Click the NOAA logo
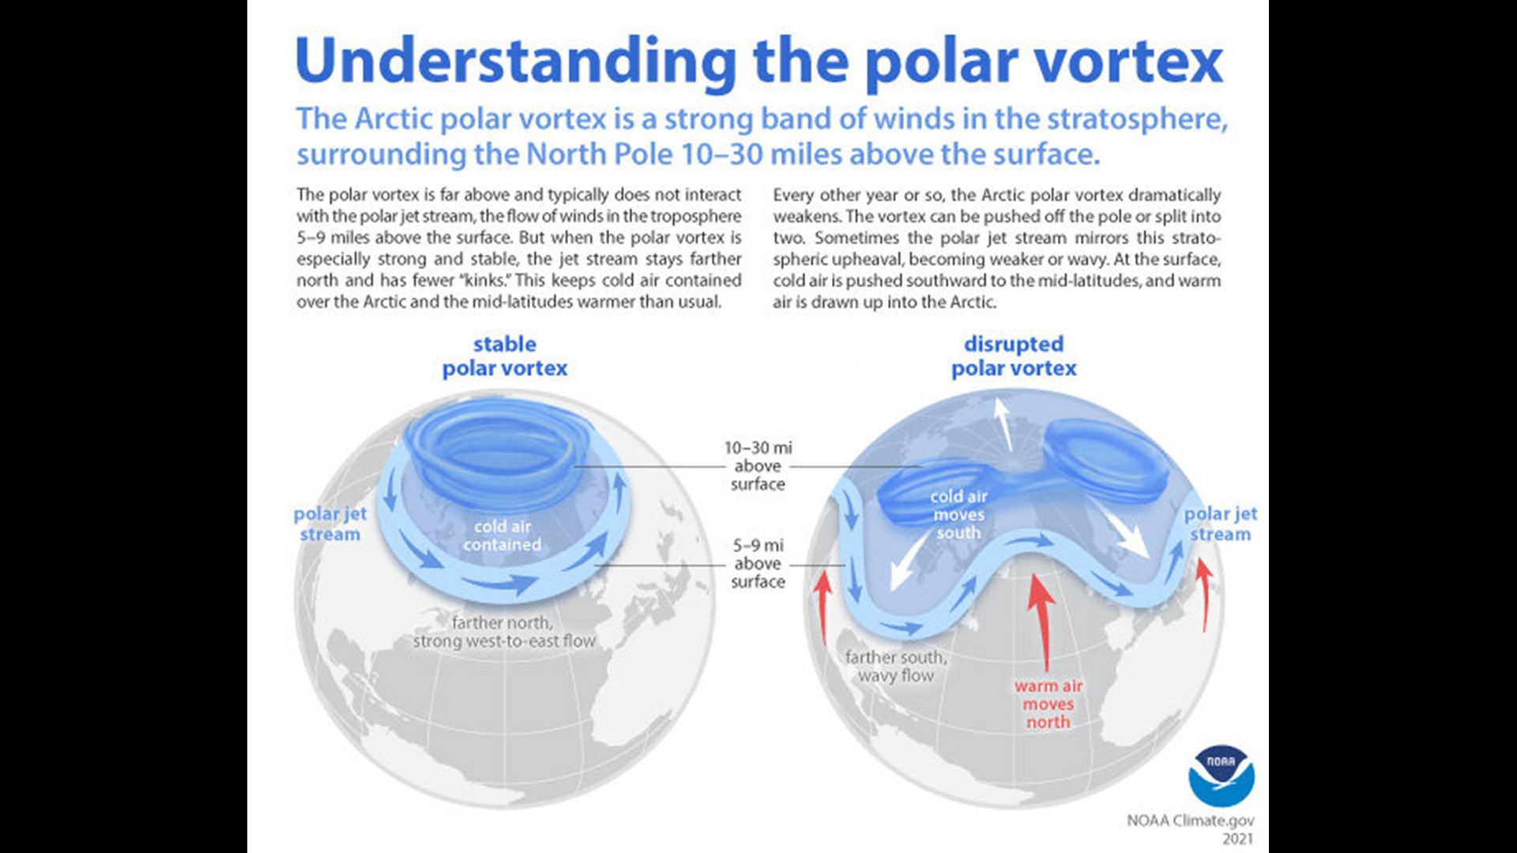pos(1222,776)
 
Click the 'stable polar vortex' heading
pos(505,356)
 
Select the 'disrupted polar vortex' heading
pos(1014,356)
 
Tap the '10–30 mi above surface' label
pos(758,466)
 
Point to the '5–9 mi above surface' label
pos(758,563)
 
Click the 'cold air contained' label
pos(503,535)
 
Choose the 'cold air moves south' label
pos(958,514)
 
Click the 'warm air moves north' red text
pos(1048,704)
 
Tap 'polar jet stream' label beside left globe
pos(330,524)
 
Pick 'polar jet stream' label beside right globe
pos(1221,524)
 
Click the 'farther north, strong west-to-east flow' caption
pos(504,632)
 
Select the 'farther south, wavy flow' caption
pos(896,666)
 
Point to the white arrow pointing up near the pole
pos(1003,423)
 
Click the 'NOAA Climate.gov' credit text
pos(1190,821)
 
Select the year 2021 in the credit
pos(1237,839)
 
